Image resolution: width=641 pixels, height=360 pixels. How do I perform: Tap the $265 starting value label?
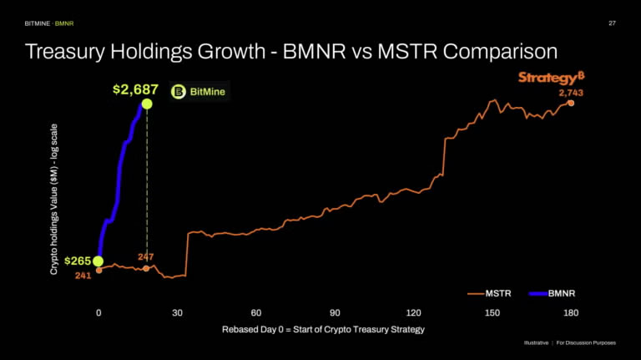(x=77, y=261)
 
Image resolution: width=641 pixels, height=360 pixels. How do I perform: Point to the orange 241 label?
(x=83, y=275)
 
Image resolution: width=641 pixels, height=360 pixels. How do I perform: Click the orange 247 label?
(x=145, y=257)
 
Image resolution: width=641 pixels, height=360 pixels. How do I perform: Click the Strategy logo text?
(x=546, y=78)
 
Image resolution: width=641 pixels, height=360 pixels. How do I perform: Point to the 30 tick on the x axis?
(x=178, y=312)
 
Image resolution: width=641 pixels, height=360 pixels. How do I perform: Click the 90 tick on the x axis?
(x=335, y=312)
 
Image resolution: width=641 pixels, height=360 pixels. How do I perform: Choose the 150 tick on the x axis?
(x=492, y=312)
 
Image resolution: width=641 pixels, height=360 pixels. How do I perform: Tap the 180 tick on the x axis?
(x=571, y=312)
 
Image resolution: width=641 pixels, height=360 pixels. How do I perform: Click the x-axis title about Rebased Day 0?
(x=323, y=329)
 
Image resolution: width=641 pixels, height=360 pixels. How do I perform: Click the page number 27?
(x=612, y=23)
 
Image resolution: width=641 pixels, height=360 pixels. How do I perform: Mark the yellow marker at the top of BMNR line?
(x=147, y=104)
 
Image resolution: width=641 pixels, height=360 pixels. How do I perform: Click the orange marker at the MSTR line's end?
(x=571, y=103)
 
